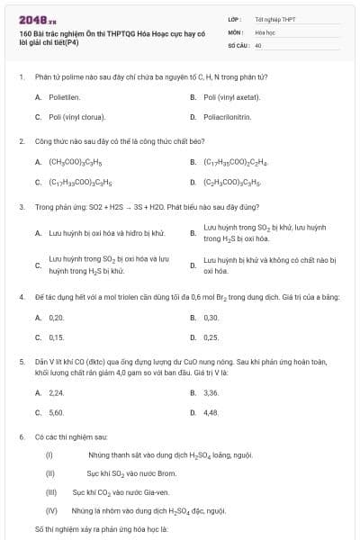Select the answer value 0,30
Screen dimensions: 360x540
point(211,318)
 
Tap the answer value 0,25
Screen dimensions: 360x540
point(211,337)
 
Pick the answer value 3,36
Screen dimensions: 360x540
point(211,393)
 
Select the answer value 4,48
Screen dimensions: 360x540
point(211,412)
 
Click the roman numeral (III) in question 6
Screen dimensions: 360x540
point(51,492)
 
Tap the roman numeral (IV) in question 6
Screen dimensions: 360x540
point(51,510)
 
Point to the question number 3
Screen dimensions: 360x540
point(21,206)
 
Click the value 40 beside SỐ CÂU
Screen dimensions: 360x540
point(258,44)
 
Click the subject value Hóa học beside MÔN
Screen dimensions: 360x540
point(265,31)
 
